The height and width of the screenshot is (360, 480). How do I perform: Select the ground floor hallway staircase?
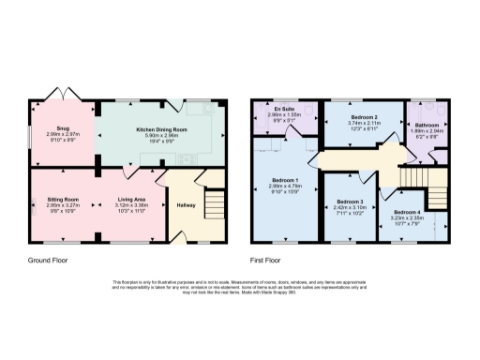tap(214, 204)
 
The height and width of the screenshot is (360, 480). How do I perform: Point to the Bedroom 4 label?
tap(408, 214)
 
